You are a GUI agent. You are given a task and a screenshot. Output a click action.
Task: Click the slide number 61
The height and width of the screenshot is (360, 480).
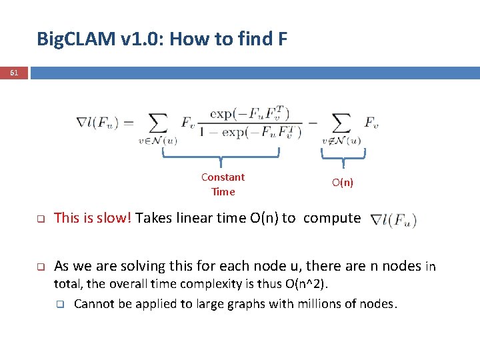coord(14,73)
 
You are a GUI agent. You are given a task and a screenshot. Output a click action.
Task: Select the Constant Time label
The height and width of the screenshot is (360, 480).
coord(223,185)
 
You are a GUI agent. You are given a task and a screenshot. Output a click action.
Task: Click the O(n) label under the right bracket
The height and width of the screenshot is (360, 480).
coord(343,183)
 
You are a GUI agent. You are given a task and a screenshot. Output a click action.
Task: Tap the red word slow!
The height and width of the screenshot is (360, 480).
coord(115,218)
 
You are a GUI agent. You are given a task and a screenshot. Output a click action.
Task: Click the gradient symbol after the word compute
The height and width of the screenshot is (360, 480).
coord(394,219)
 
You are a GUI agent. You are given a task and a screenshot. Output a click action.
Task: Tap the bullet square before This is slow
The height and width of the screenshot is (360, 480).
coord(40,219)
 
